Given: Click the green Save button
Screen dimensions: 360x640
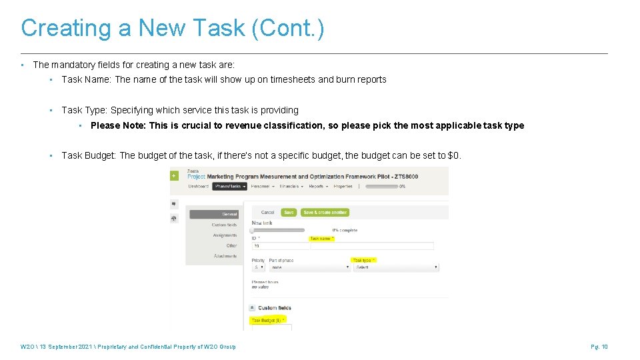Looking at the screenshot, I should (289, 213).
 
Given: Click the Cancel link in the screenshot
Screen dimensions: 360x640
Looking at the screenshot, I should (267, 213).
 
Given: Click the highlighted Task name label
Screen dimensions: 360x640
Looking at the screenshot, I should (322, 239).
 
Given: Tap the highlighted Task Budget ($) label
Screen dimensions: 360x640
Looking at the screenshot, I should (268, 321).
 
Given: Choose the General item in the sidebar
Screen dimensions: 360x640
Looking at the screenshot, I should (215, 215).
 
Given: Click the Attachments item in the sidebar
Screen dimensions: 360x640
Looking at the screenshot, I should (225, 256).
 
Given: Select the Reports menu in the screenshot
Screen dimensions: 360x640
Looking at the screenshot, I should (317, 187).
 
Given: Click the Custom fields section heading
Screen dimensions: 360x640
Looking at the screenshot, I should (275, 308).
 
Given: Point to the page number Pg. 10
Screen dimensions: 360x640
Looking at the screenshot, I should (599, 347).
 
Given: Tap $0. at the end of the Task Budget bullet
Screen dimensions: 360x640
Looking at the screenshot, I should (453, 156).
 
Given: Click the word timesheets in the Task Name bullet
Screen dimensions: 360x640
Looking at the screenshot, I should (293, 79).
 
